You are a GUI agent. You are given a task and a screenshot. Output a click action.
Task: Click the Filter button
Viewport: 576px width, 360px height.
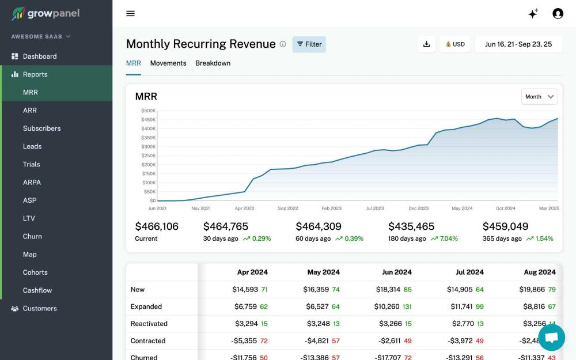[309, 44]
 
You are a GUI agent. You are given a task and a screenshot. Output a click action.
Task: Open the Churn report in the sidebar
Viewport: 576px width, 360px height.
[32, 236]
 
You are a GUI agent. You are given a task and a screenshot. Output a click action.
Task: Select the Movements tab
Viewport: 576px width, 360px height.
[168, 63]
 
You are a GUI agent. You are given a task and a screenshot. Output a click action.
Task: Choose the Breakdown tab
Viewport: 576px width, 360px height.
[213, 63]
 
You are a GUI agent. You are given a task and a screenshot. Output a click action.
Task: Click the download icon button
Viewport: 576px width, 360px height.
[426, 44]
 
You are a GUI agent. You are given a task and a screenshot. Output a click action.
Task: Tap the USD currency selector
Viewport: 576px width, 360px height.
[455, 44]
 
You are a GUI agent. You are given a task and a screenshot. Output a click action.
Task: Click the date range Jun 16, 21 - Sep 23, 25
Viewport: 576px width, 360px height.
[518, 44]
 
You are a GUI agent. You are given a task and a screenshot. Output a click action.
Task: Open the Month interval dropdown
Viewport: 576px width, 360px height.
[539, 97]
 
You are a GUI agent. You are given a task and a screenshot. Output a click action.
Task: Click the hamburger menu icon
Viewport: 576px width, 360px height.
[131, 13]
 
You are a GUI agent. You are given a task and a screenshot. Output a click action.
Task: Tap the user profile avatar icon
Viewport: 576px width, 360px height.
[558, 13]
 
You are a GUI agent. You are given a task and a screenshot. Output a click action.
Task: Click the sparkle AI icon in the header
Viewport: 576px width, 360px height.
[533, 14]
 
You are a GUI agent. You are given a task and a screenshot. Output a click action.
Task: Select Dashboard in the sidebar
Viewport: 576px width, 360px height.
[39, 56]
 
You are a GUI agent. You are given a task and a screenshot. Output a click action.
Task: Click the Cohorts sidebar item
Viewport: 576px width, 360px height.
[35, 272]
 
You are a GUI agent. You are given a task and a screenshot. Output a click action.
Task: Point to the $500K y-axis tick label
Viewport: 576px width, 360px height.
[148, 111]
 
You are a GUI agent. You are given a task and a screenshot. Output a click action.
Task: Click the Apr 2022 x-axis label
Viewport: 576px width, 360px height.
[244, 209]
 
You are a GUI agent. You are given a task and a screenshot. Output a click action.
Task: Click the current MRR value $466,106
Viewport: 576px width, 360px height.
[157, 226]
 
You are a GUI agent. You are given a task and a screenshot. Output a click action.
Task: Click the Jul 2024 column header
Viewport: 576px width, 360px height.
[467, 272]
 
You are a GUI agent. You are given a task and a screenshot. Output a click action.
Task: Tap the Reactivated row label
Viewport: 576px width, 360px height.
[149, 324]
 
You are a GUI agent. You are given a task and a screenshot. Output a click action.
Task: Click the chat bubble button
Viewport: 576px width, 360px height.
[551, 338]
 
